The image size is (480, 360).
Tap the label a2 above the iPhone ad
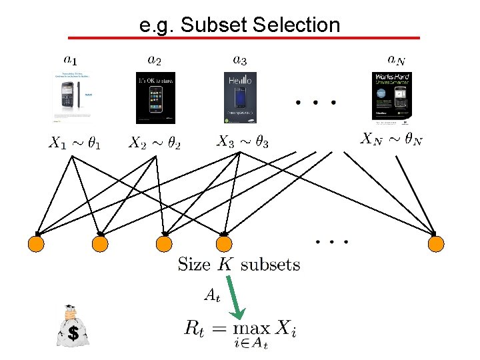coord(154,61)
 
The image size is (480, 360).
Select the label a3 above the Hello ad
coord(239,61)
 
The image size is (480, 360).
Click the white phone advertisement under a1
coord(72,97)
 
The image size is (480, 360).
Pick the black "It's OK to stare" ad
coord(155,97)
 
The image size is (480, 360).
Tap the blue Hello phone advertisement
coord(240,97)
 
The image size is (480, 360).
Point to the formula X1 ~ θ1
coord(75,143)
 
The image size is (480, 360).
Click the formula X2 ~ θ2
coord(155,143)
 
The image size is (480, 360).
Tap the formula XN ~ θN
coord(392,139)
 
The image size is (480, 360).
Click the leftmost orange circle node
coord(36,244)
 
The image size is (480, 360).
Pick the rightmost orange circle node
coord(435,244)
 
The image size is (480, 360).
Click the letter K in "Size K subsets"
coord(225,264)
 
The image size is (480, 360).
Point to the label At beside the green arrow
coord(211,294)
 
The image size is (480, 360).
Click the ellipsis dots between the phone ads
coord(315,103)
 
